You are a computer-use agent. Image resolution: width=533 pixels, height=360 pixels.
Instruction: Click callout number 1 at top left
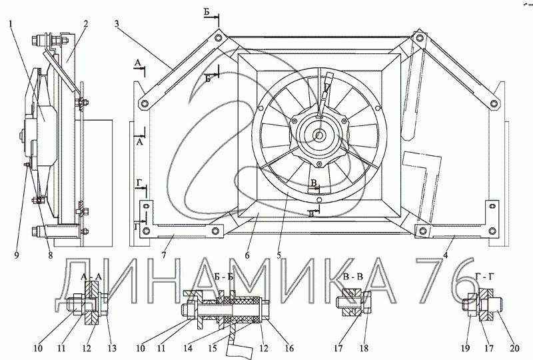click(x=11, y=24)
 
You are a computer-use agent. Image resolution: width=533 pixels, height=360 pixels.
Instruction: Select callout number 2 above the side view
click(x=86, y=24)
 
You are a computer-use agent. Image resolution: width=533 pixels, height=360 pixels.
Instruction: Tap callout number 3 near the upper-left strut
click(x=117, y=24)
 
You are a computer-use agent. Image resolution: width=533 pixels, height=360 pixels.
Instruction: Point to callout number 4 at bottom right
click(x=445, y=255)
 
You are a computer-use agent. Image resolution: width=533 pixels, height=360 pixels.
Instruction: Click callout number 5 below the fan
click(x=278, y=255)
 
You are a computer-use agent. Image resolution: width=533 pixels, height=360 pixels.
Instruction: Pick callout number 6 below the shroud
click(x=247, y=255)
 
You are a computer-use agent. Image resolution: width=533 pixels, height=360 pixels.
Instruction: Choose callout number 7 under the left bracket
click(x=164, y=255)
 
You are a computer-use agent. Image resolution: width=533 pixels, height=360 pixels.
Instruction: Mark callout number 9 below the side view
click(x=17, y=255)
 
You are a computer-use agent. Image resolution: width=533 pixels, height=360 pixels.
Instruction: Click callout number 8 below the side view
click(x=51, y=255)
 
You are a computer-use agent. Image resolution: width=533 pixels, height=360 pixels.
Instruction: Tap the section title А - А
click(x=91, y=277)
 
